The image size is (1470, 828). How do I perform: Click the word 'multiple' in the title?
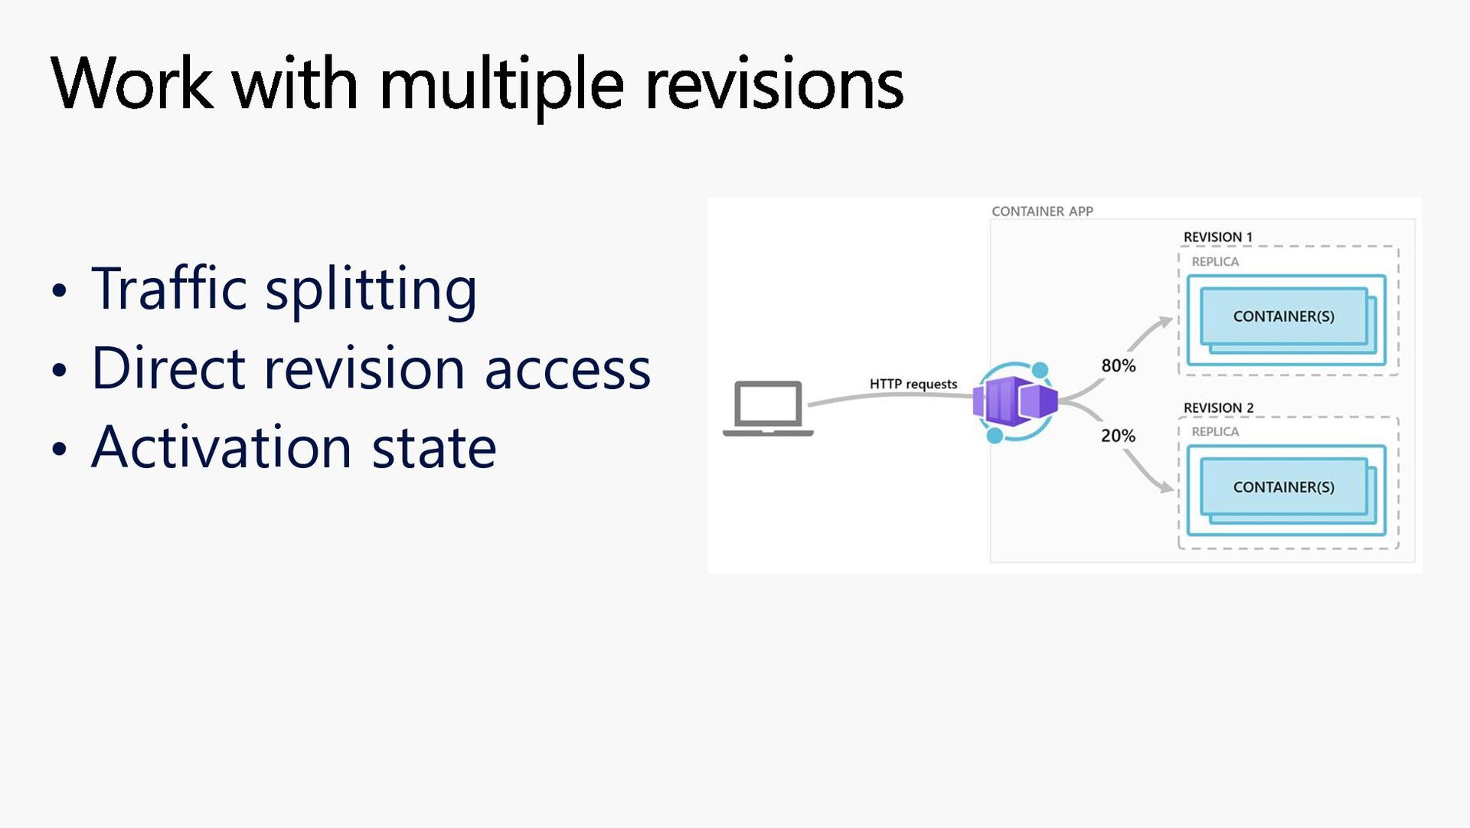(x=501, y=84)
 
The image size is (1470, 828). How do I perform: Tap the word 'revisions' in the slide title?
(x=774, y=84)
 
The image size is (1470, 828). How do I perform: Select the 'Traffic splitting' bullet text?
(x=284, y=289)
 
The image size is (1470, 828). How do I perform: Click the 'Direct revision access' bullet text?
(x=371, y=368)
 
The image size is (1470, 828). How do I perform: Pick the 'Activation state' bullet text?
(x=294, y=447)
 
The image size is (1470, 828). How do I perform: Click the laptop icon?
(x=768, y=408)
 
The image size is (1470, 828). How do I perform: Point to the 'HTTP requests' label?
(x=913, y=384)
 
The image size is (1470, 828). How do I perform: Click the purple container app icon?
(x=1015, y=401)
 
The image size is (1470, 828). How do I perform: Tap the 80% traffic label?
(x=1118, y=366)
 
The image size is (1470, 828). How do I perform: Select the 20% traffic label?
(x=1118, y=436)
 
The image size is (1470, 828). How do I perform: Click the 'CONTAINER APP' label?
(x=1042, y=211)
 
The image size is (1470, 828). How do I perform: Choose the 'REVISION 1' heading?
(x=1217, y=237)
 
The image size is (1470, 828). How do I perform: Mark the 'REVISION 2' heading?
(x=1218, y=408)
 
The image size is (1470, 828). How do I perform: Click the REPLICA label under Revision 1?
(x=1215, y=262)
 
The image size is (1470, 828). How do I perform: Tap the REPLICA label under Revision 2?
(x=1215, y=432)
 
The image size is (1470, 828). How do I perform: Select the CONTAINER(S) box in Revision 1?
(x=1283, y=316)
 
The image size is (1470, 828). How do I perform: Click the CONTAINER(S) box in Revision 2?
(x=1283, y=487)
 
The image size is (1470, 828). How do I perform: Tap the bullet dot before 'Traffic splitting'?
(x=60, y=291)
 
